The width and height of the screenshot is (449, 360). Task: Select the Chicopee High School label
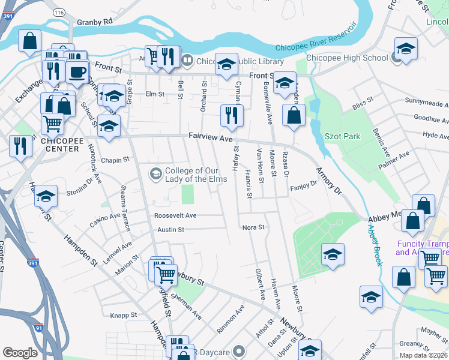(347, 58)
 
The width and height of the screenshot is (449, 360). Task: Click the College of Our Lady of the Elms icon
(155, 174)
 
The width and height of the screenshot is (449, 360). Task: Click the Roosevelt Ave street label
(175, 215)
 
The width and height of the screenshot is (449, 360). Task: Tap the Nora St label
(253, 227)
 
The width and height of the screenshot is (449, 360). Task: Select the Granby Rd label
(98, 22)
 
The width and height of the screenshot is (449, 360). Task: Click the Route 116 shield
(58, 12)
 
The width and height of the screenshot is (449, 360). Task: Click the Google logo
(20, 353)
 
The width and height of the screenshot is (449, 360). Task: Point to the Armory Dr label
(328, 180)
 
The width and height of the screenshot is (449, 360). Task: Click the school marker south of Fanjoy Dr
(332, 254)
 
